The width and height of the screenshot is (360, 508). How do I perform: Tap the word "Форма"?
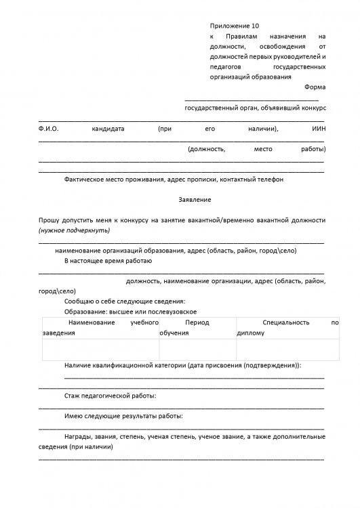pyautogui.click(x=315, y=87)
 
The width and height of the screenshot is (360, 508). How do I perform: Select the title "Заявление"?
pyautogui.click(x=195, y=200)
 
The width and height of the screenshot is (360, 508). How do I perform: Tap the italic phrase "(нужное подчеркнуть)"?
pyautogui.click(x=71, y=230)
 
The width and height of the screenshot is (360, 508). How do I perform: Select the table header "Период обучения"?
pyautogui.click(x=197, y=328)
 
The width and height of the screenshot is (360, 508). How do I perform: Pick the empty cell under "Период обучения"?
pyautogui.click(x=197, y=349)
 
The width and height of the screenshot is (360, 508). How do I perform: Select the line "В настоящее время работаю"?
pyautogui.click(x=108, y=260)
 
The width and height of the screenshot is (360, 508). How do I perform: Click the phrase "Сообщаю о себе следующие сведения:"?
pyautogui.click(x=123, y=301)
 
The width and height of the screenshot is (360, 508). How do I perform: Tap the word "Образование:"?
pyautogui.click(x=85, y=311)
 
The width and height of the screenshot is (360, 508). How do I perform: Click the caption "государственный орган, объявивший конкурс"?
pyautogui.click(x=256, y=108)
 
